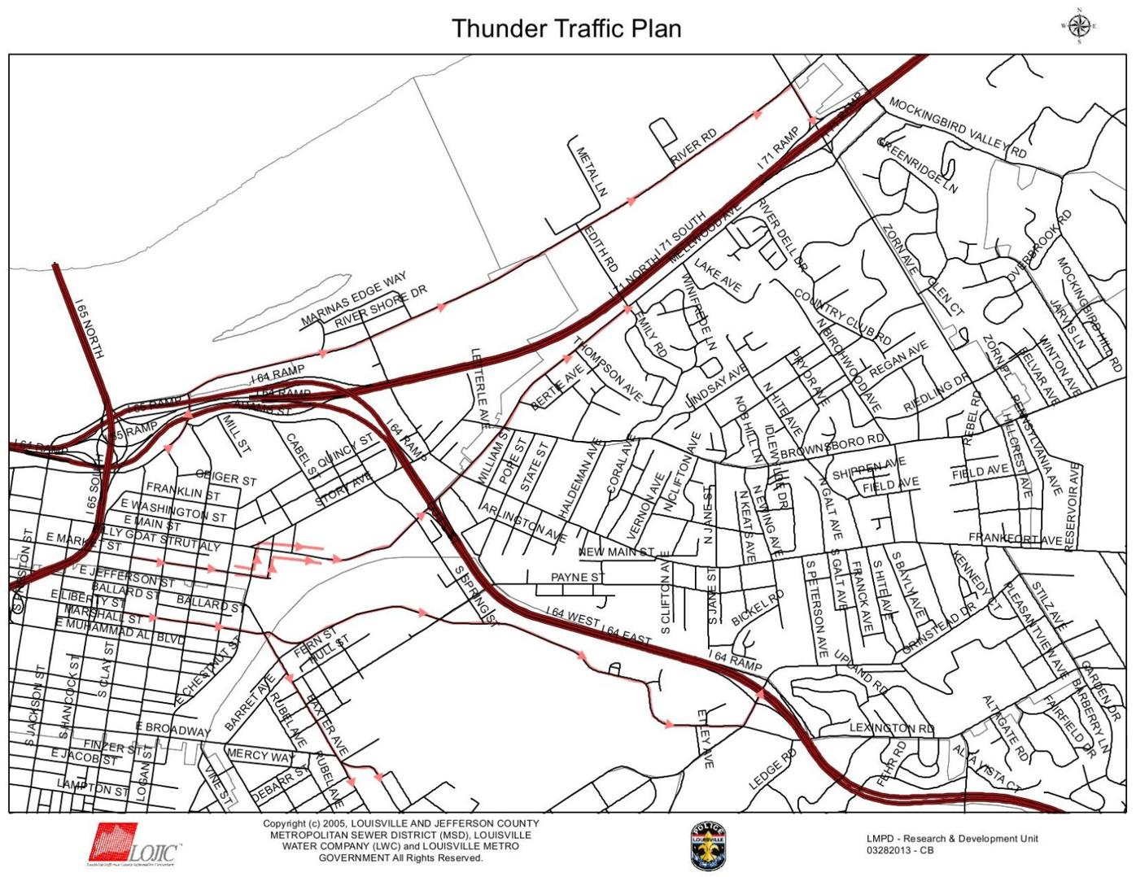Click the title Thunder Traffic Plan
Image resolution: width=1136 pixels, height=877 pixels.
[566, 28]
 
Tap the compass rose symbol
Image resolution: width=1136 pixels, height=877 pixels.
[1079, 25]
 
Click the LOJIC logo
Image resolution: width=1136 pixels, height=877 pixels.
[134, 844]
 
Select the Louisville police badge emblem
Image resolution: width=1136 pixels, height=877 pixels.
[707, 846]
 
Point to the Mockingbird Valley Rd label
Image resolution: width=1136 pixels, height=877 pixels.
[957, 128]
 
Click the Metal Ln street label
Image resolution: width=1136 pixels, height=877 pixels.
[592, 172]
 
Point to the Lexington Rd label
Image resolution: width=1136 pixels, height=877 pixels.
[892, 727]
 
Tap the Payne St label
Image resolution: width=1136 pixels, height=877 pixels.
[578, 577]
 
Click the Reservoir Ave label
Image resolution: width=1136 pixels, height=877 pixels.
[1071, 505]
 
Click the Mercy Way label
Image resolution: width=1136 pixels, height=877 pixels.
[260, 755]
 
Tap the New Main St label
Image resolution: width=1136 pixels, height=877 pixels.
[616, 552]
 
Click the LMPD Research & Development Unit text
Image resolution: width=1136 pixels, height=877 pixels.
[952, 839]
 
